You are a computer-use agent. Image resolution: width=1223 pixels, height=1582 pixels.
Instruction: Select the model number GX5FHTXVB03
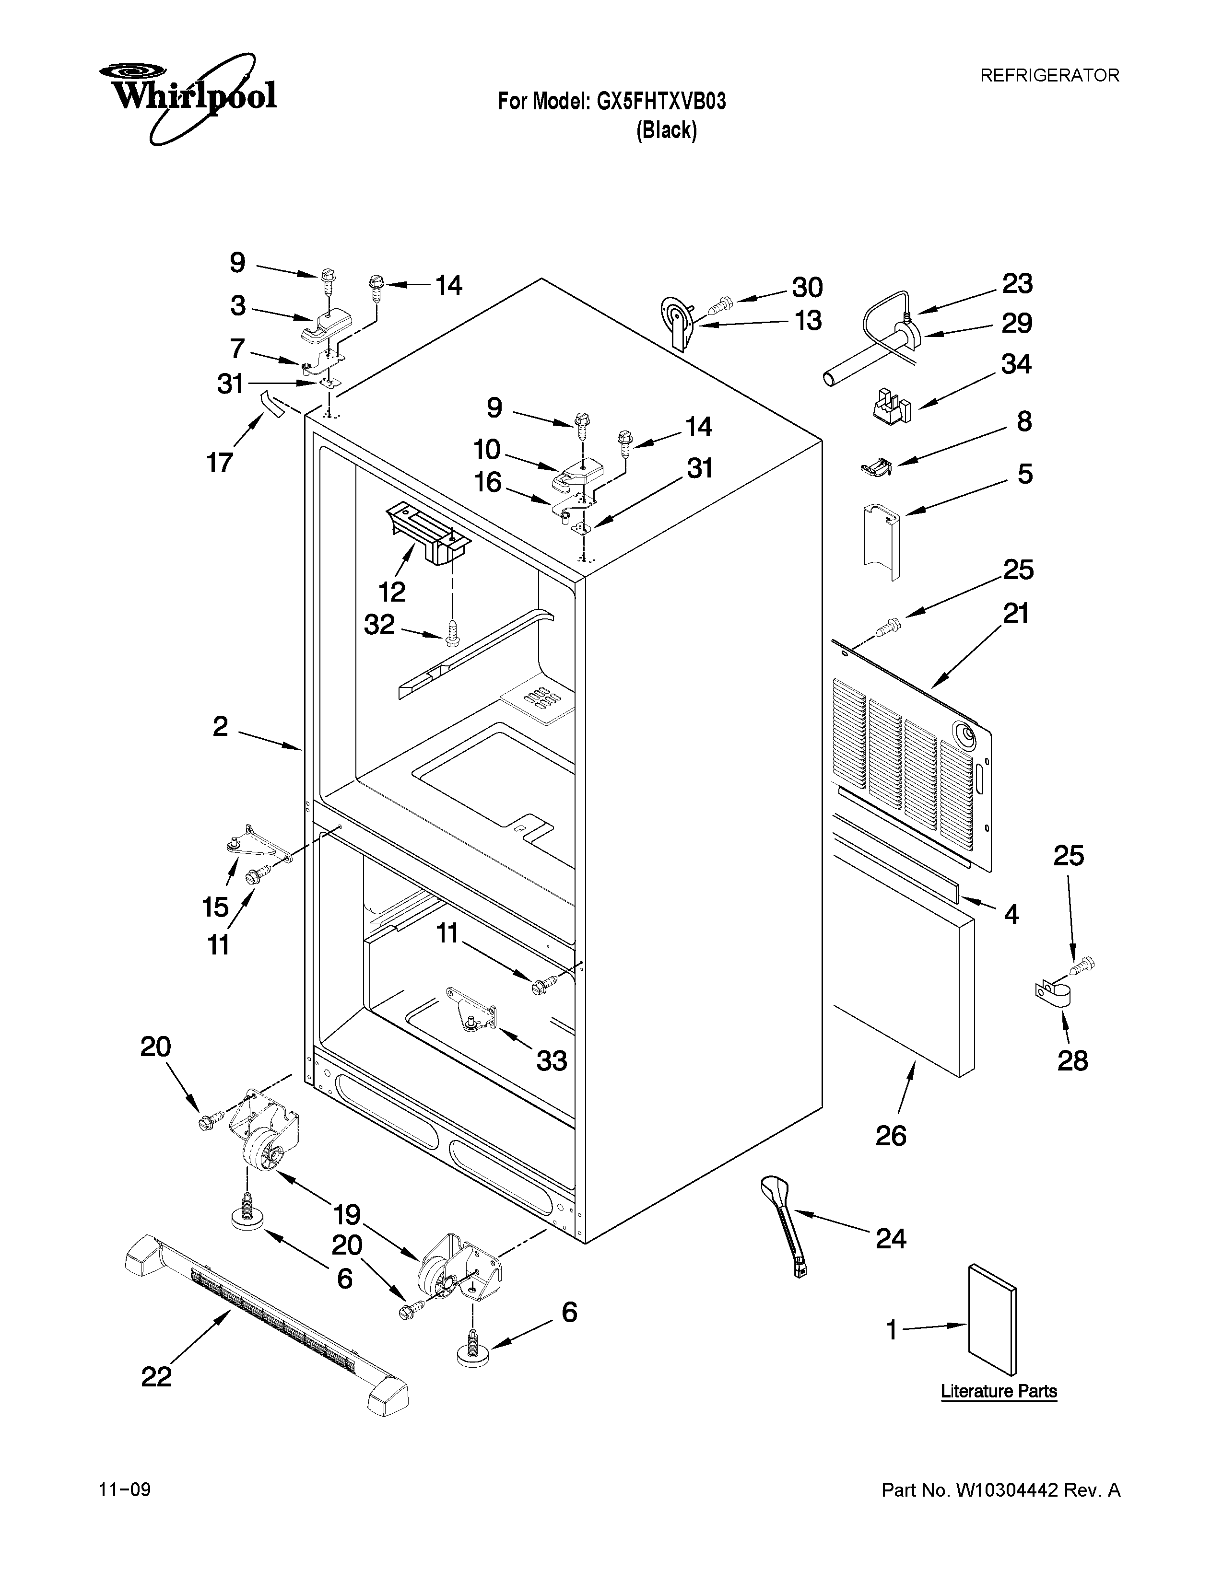pyautogui.click(x=661, y=102)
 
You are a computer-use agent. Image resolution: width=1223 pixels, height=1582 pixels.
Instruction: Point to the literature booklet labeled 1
pyautogui.click(x=992, y=1320)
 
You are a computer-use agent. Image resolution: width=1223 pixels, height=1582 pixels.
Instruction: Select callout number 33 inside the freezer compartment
pyautogui.click(x=552, y=1061)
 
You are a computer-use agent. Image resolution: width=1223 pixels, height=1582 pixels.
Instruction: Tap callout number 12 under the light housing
pyautogui.click(x=392, y=592)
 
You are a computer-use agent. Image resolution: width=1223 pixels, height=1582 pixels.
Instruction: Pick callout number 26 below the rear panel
pyautogui.click(x=891, y=1136)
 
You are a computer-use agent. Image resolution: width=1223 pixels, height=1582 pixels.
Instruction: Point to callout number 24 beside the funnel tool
pyautogui.click(x=891, y=1239)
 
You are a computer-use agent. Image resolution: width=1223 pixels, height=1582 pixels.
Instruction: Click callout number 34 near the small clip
pyautogui.click(x=1016, y=364)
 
